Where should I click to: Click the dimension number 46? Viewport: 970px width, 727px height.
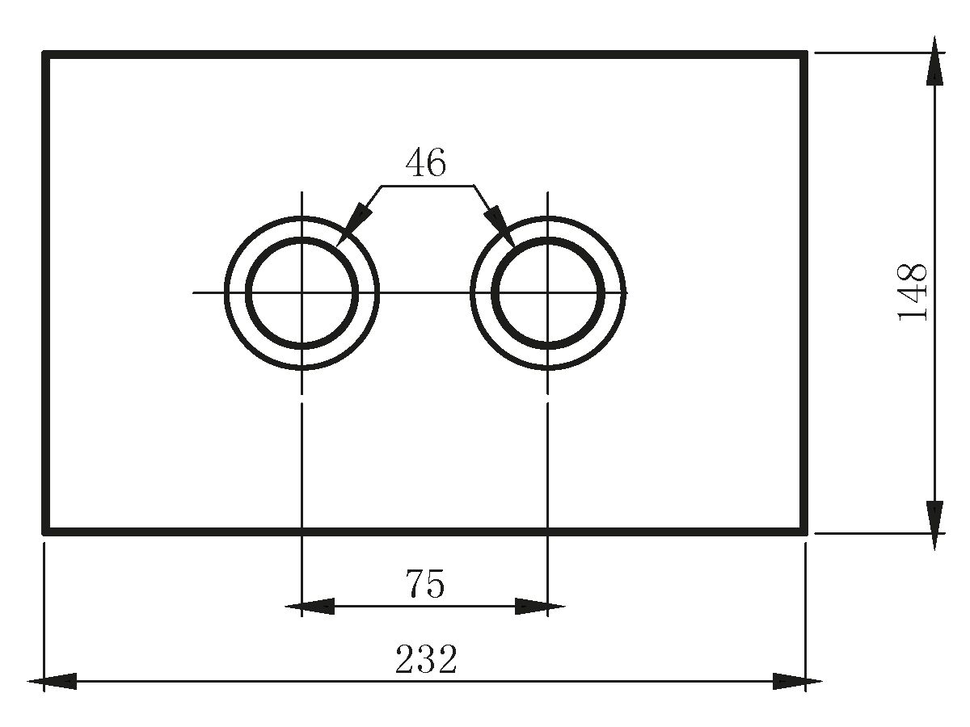[425, 163]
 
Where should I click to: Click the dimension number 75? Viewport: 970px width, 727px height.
[425, 584]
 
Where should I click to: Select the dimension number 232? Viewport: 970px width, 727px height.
[426, 660]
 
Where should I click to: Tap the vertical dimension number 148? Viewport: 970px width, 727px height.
[913, 292]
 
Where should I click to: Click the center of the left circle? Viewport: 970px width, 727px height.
[302, 292]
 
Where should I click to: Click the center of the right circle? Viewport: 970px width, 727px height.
[548, 292]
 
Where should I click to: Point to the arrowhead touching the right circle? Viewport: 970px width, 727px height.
[501, 226]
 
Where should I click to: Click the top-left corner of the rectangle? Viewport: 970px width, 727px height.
[45, 54]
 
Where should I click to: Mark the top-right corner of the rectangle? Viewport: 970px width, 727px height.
[805, 54]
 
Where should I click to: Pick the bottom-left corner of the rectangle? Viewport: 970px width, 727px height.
[45, 532]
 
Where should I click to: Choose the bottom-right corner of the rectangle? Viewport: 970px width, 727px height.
[805, 532]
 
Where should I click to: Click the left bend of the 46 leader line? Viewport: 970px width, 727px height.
[382, 186]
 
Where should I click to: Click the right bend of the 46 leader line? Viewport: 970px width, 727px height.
[474, 186]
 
